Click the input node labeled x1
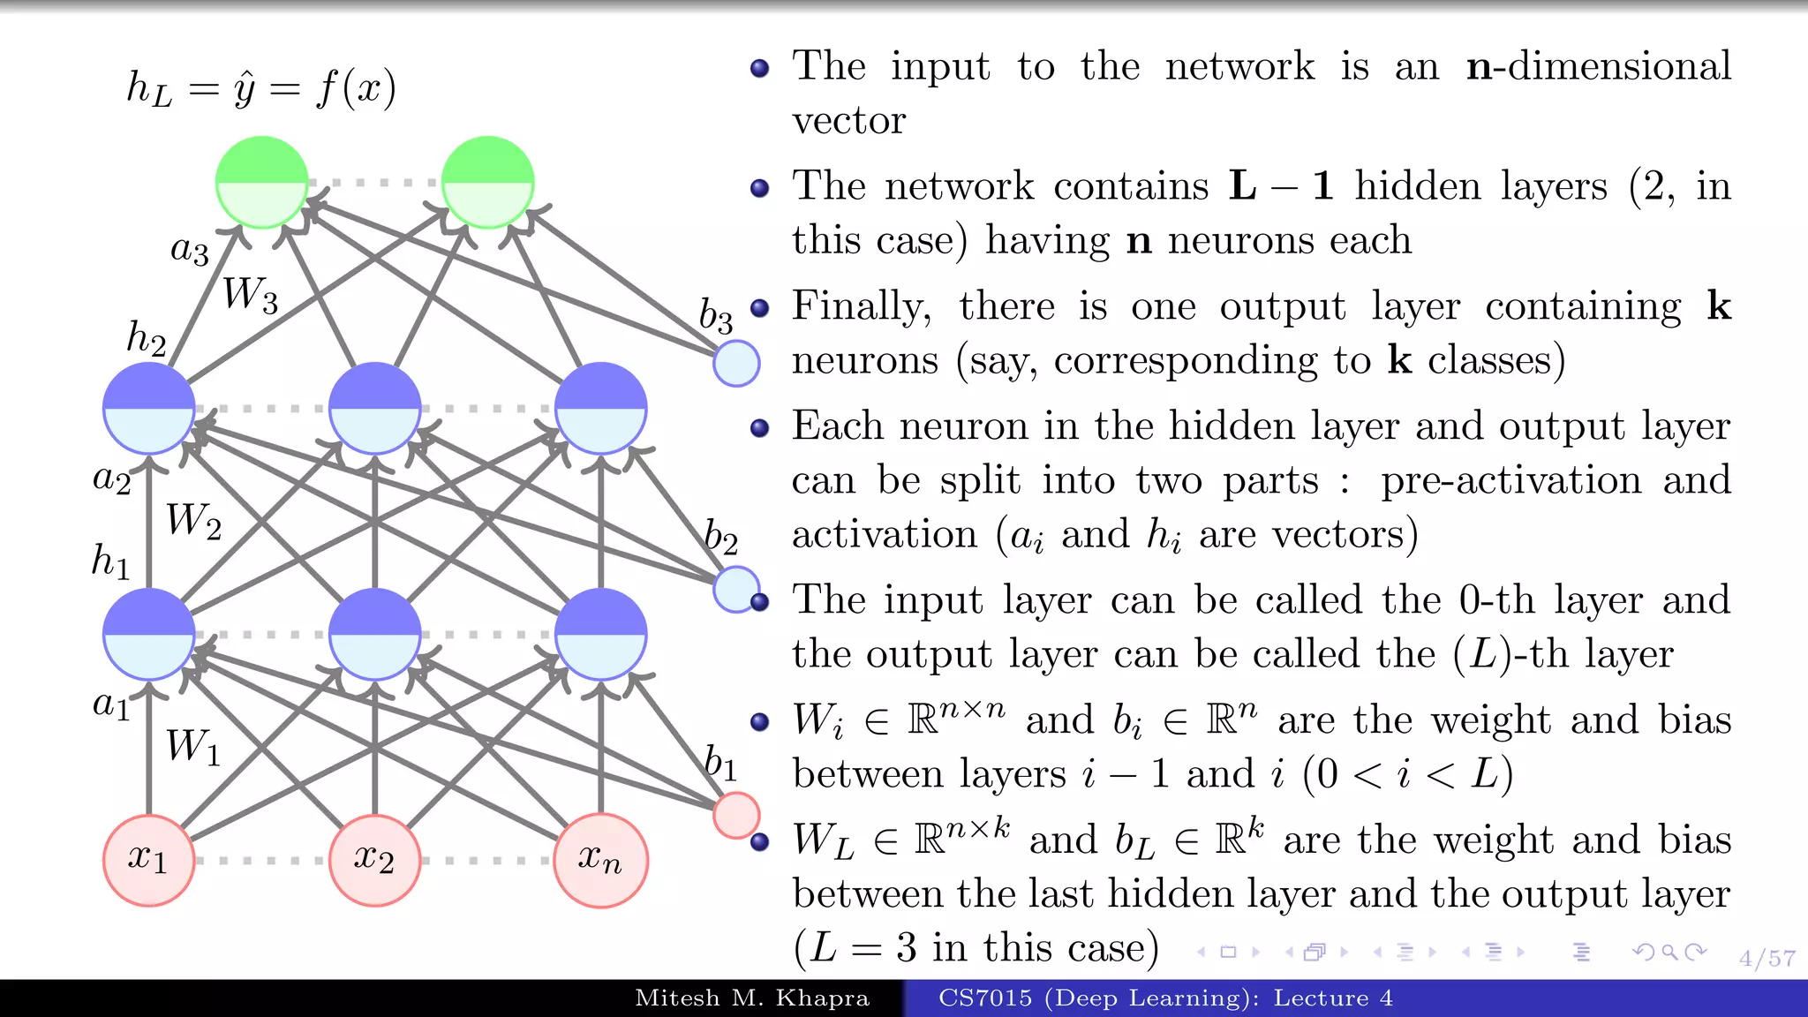[148, 860]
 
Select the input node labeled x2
[374, 860]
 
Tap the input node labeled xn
[600, 860]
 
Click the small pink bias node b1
[736, 815]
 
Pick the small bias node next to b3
[736, 363]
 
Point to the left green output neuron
[262, 182]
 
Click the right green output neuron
[488, 182]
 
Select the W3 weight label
[250, 294]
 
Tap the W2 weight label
[193, 520]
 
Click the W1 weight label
[193, 746]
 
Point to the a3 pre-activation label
[190, 251]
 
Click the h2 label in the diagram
[147, 338]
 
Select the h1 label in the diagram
[111, 561]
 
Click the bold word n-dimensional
[1598, 66]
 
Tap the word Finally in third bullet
[861, 306]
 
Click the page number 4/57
[1767, 958]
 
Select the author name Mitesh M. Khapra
[752, 998]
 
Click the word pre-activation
[1510, 481]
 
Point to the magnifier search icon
[1669, 952]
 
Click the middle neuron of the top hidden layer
[374, 408]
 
